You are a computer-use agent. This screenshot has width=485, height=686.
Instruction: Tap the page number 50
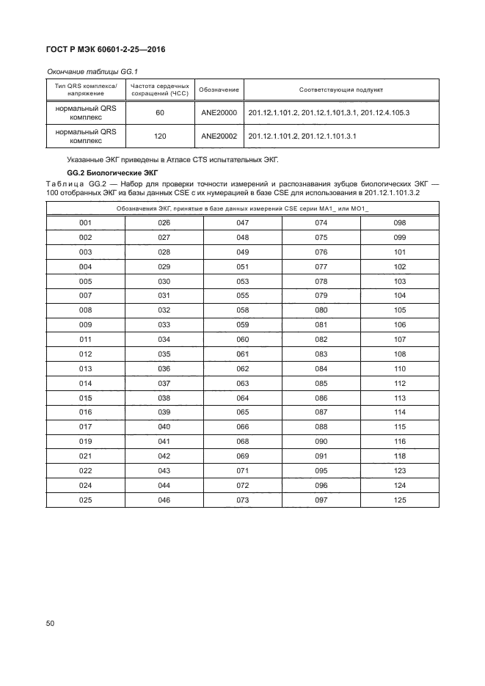pos(51,624)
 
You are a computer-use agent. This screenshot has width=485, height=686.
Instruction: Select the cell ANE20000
pos(219,113)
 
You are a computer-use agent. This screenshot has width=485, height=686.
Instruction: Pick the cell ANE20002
pos(219,136)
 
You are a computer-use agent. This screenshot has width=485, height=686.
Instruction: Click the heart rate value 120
pos(159,136)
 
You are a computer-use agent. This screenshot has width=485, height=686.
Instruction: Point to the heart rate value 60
pos(159,113)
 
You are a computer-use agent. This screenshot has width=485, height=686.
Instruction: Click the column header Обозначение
pos(219,90)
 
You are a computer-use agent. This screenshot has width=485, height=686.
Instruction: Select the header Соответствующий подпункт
pos(342,90)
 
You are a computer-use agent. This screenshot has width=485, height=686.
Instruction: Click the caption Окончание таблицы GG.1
pos(92,71)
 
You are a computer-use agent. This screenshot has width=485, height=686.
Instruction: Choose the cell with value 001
pos(85,223)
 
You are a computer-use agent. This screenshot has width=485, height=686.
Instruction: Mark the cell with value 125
pos(399,500)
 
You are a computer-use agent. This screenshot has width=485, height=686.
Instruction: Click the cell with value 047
pos(242,223)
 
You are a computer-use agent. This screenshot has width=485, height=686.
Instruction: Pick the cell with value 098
pos(399,223)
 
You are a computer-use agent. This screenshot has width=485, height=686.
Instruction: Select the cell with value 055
pos(242,296)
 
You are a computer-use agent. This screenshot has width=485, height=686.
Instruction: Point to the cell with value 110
pos(399,368)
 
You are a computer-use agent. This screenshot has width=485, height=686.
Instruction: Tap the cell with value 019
pos(85,442)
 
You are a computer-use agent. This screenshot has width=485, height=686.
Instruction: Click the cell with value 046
pos(164,500)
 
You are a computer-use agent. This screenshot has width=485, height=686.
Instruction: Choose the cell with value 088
pos(321,427)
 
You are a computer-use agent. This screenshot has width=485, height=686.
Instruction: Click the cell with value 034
pos(164,340)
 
